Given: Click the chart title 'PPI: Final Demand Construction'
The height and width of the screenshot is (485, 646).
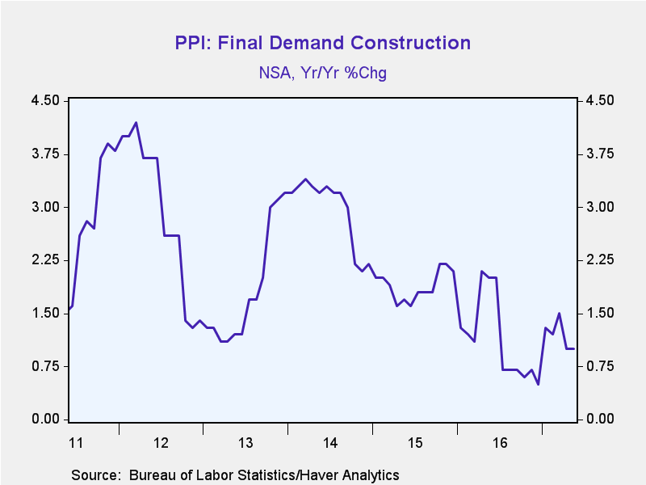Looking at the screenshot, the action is pyautogui.click(x=322, y=43).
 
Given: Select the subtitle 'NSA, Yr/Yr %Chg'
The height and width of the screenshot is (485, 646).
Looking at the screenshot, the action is pyautogui.click(x=322, y=73).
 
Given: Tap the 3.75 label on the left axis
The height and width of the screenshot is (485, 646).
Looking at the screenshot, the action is pyautogui.click(x=45, y=154).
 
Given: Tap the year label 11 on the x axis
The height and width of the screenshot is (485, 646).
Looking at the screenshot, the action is pyautogui.click(x=76, y=443).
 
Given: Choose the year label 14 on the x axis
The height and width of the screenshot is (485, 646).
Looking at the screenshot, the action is pyautogui.click(x=330, y=443).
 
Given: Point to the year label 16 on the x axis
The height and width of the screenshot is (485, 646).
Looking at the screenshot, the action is pyautogui.click(x=500, y=443).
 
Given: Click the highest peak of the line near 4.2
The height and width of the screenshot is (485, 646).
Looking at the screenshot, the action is pyautogui.click(x=136, y=123).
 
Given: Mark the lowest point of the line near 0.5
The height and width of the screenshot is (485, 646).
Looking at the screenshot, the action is pyautogui.click(x=538, y=385).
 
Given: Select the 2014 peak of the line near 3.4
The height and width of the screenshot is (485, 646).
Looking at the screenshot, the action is pyautogui.click(x=305, y=179).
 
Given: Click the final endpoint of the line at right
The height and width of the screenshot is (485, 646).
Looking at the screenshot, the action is pyautogui.click(x=574, y=348).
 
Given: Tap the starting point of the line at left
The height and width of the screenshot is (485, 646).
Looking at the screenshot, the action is pyautogui.click(x=69, y=310).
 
